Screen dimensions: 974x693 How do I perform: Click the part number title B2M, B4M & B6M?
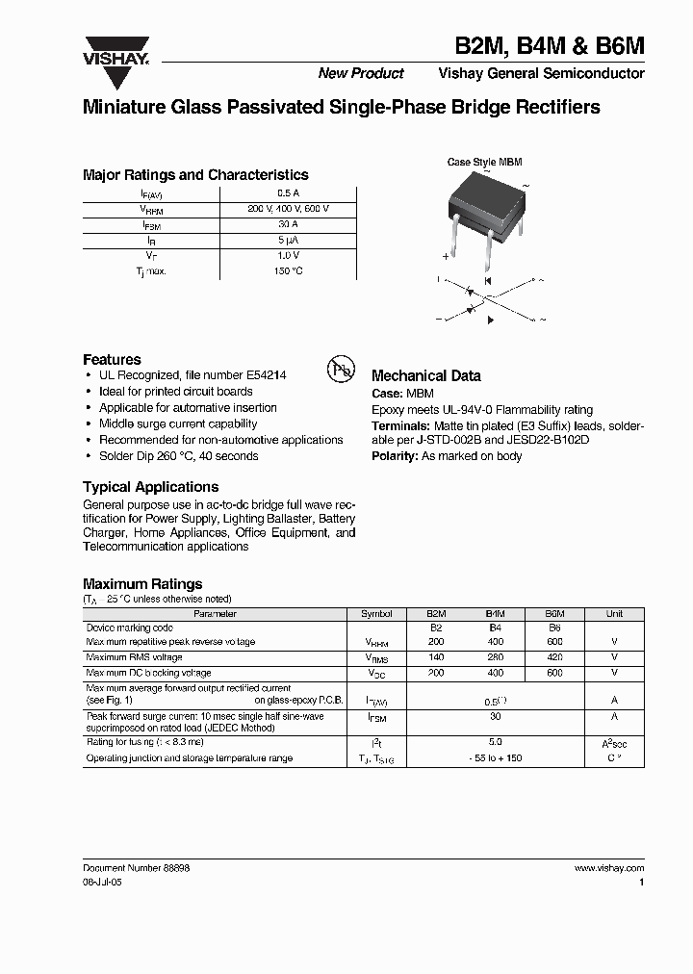click(551, 45)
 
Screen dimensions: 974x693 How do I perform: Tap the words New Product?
click(361, 74)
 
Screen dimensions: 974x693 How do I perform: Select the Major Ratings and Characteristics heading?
click(195, 175)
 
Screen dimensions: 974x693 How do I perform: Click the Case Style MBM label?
click(484, 163)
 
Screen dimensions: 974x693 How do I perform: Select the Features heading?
click(112, 359)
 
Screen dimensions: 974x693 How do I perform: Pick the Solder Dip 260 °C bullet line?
click(178, 456)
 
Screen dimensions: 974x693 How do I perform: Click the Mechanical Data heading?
click(425, 376)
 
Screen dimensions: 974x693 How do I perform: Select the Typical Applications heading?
click(150, 487)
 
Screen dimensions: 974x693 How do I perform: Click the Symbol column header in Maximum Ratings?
click(376, 613)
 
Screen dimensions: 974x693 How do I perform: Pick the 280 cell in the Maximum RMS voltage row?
click(495, 657)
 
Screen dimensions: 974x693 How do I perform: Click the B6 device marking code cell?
click(554, 627)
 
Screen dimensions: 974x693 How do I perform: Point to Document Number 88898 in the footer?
click(137, 868)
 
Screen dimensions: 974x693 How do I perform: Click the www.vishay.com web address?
click(609, 868)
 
